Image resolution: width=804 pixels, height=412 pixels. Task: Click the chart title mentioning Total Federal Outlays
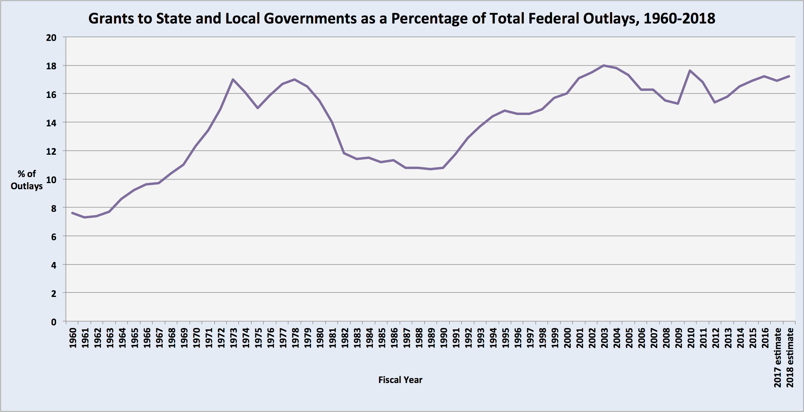pos(402,18)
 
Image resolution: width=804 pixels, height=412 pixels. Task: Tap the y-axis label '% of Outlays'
pos(27,180)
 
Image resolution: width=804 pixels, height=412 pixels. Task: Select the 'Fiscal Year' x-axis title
pos(400,380)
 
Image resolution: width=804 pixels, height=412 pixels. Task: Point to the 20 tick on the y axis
pos(51,38)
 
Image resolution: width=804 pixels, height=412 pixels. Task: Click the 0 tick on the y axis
pos(54,322)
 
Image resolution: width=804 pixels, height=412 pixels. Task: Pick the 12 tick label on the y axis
pos(51,151)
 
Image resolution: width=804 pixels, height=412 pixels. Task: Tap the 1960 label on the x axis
pos(73,338)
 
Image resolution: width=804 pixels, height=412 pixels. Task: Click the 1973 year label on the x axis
pos(233,338)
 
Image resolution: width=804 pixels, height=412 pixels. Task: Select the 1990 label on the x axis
pos(443,338)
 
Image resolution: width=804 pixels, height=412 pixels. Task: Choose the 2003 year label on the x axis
pos(604,338)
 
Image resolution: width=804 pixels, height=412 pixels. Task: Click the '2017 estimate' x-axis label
pos(777,358)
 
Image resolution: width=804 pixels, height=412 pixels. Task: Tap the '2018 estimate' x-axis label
pos(790,358)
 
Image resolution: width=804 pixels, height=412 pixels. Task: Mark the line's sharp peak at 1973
pos(233,79)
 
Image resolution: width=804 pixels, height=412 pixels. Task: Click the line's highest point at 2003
pos(604,65)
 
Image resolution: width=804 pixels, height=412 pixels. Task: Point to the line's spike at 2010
pos(690,70)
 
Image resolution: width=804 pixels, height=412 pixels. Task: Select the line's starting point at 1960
pos(73,213)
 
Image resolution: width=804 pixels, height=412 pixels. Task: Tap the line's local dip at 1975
pos(257,108)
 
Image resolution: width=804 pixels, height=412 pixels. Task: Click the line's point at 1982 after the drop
pos(344,153)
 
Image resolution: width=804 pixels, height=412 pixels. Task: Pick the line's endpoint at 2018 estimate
pos(789,76)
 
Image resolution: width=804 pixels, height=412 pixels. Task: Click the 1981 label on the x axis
pos(332,338)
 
